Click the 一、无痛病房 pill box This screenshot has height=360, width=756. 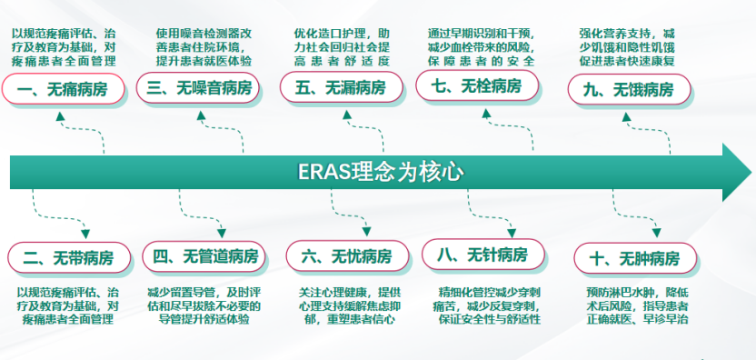64,89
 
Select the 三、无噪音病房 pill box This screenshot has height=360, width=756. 198,88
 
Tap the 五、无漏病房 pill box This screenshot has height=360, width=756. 342,87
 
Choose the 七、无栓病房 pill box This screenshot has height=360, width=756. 477,85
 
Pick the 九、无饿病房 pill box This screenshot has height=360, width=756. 629,89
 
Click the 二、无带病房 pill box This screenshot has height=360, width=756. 69,257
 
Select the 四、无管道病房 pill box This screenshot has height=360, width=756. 204,256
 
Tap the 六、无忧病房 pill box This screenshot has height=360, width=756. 348,255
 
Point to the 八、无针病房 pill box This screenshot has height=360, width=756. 483,255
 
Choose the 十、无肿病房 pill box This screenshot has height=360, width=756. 635,258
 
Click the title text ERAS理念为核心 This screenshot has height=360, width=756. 381,172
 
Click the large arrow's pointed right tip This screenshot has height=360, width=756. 751,172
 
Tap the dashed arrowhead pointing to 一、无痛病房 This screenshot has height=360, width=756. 60,116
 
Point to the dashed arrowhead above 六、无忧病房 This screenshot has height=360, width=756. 366,232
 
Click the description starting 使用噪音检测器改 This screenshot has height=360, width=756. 204,47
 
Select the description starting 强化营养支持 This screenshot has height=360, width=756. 627,47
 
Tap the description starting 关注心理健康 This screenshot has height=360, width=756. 350,306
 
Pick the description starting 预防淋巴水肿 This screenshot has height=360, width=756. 637,306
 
